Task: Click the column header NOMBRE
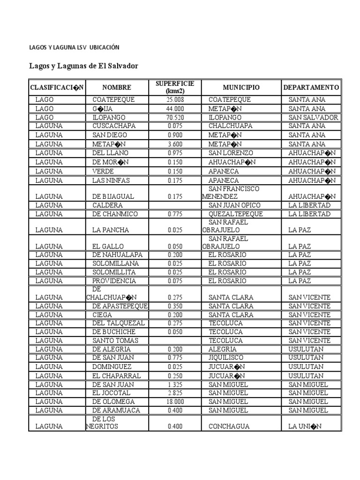[117, 88]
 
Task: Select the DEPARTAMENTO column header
[311, 88]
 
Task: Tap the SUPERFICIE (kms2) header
[175, 87]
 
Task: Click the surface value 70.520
[175, 118]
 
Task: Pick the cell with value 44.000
[175, 109]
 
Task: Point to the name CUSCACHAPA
[113, 126]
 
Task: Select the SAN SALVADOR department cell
[313, 118]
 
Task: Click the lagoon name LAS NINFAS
[111, 180]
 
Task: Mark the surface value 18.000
[175, 402]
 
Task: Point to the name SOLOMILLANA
[114, 263]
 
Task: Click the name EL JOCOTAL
[111, 393]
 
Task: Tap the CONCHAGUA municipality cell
[229, 427]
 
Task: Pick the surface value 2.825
[175, 393]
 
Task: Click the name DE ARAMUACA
[113, 411]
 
